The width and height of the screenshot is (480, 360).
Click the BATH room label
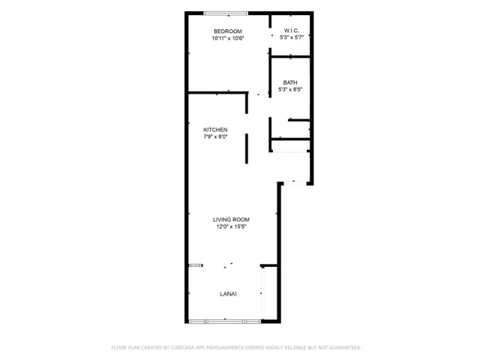289,82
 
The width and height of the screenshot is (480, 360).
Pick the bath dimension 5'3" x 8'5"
289,90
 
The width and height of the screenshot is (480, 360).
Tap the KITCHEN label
215,130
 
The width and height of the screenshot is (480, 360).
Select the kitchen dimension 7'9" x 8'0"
215,137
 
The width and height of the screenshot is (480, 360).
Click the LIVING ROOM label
230,219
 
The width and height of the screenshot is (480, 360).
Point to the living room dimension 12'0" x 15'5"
230,226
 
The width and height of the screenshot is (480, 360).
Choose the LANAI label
228,294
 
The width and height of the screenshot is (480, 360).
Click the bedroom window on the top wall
227,13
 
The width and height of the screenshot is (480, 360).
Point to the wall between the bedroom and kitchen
217,92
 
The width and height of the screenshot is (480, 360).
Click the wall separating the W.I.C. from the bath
292,57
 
